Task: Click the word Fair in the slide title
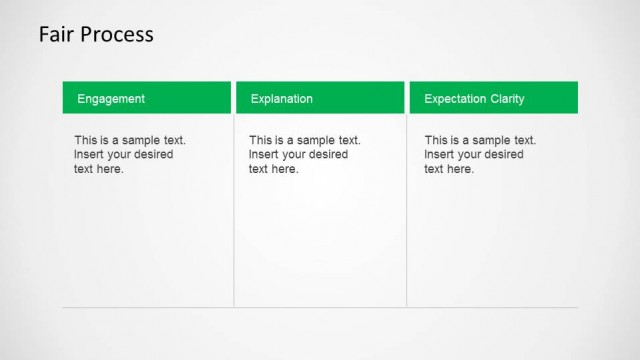(x=54, y=35)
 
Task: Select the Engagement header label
(x=111, y=99)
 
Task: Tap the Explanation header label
(x=281, y=99)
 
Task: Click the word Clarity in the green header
(x=508, y=99)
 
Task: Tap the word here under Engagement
(x=111, y=169)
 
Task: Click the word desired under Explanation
(x=326, y=155)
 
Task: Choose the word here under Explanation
(x=285, y=169)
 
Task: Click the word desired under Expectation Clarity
(x=502, y=155)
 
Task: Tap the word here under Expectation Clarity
(x=461, y=169)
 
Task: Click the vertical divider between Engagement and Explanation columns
(x=234, y=210)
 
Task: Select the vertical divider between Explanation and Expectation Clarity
(x=407, y=210)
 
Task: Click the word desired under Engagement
(x=151, y=155)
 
